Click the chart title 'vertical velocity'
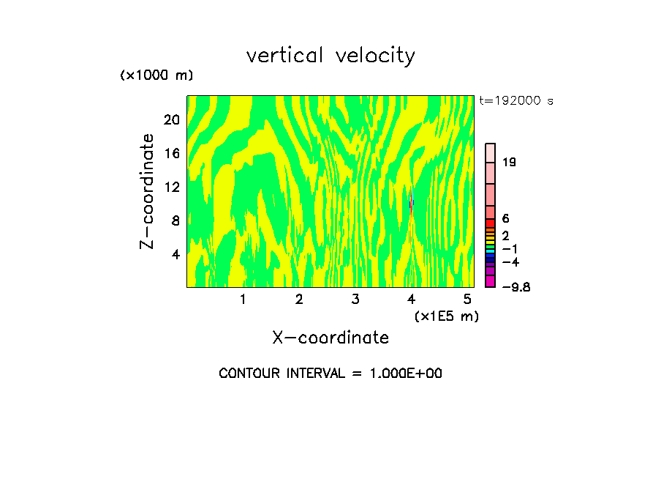(330, 56)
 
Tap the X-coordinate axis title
(330, 338)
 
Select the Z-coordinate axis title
(148, 191)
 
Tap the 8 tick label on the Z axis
(175, 220)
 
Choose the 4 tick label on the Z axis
(175, 255)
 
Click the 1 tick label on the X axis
(243, 300)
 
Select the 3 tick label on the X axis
(355, 300)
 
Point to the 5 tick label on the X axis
(467, 300)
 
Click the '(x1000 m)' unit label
(156, 76)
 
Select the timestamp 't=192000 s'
(516, 101)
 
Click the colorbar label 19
(509, 162)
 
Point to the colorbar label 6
(505, 219)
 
